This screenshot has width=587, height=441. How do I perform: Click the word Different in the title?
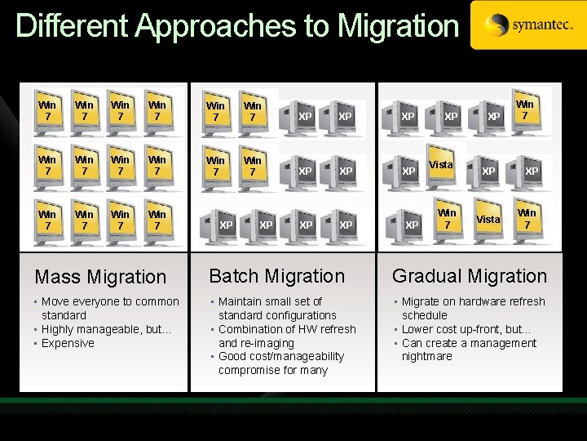pyautogui.click(x=72, y=26)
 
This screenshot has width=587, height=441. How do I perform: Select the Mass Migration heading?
pyautogui.click(x=100, y=278)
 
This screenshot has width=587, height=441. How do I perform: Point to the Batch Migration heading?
pyautogui.click(x=277, y=276)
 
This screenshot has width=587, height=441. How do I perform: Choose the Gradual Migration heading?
pyautogui.click(x=470, y=276)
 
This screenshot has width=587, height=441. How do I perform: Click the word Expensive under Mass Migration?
pyautogui.click(x=68, y=343)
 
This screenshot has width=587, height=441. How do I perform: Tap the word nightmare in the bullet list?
pyautogui.click(x=426, y=356)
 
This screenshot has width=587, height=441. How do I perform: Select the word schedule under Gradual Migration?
pyautogui.click(x=425, y=315)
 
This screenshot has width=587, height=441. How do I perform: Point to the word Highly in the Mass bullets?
pyautogui.click(x=59, y=329)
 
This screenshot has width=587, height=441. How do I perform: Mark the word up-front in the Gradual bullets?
pyautogui.click(x=483, y=329)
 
